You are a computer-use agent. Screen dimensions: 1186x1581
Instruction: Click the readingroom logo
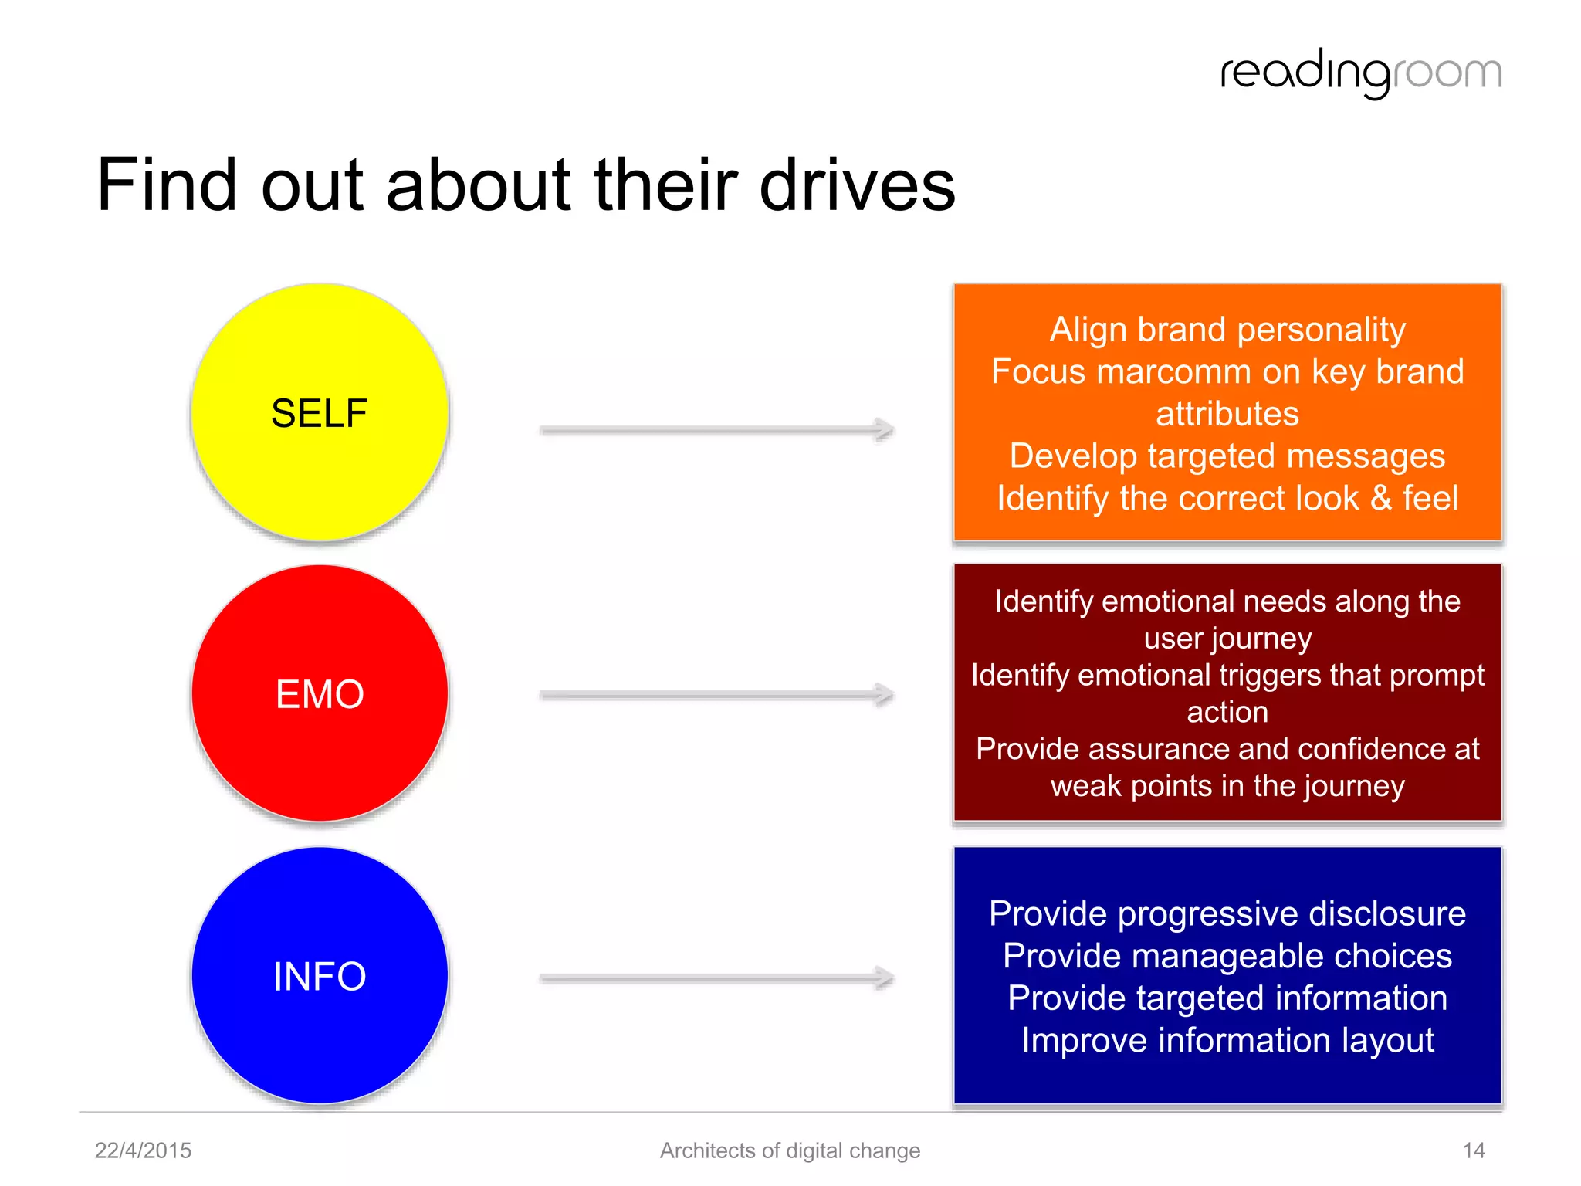1360,73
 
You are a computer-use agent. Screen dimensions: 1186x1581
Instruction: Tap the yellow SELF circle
320,412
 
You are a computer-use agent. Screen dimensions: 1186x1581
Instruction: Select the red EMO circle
320,693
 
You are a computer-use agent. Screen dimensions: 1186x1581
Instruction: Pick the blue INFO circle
320,975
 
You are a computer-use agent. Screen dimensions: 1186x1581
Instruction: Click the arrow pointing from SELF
716,430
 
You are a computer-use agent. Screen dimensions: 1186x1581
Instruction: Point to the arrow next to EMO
716,695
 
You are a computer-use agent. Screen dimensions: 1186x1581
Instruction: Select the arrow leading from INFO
716,978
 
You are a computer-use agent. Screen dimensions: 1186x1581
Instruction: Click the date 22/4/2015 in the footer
143,1150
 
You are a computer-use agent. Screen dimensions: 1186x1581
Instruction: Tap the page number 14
1474,1150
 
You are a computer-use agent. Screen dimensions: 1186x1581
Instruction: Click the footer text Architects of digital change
790,1150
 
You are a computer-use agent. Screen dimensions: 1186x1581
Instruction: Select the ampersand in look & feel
1381,498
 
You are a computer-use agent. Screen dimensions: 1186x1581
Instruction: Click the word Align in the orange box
1088,330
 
